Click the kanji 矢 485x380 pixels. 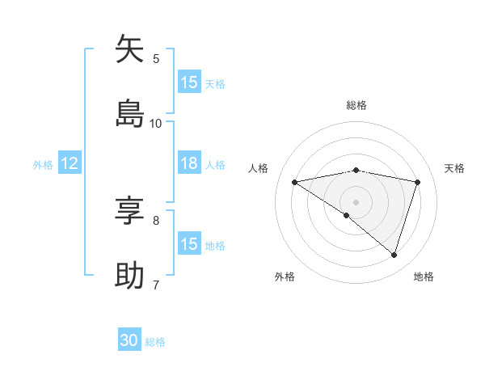click(x=130, y=49)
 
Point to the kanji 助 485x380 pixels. click(x=130, y=276)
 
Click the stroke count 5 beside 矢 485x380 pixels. click(x=156, y=58)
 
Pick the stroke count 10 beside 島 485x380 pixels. click(x=156, y=123)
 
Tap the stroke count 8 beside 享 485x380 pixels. click(x=156, y=220)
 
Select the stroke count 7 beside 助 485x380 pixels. click(x=156, y=285)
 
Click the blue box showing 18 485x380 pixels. click(x=189, y=163)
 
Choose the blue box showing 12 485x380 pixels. click(x=70, y=163)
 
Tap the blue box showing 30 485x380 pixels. click(x=129, y=340)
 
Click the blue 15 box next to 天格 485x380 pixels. click(x=189, y=82)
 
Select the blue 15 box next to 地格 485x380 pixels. click(x=189, y=244)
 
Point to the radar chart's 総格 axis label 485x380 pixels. click(x=356, y=105)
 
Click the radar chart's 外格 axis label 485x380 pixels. click(x=285, y=277)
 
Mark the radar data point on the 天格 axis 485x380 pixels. click(x=418, y=182)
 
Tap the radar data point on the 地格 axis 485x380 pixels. click(x=394, y=255)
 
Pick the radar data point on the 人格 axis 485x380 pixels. click(x=294, y=182)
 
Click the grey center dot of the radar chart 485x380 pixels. click(x=356, y=201)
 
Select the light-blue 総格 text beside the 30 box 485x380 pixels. click(x=155, y=342)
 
